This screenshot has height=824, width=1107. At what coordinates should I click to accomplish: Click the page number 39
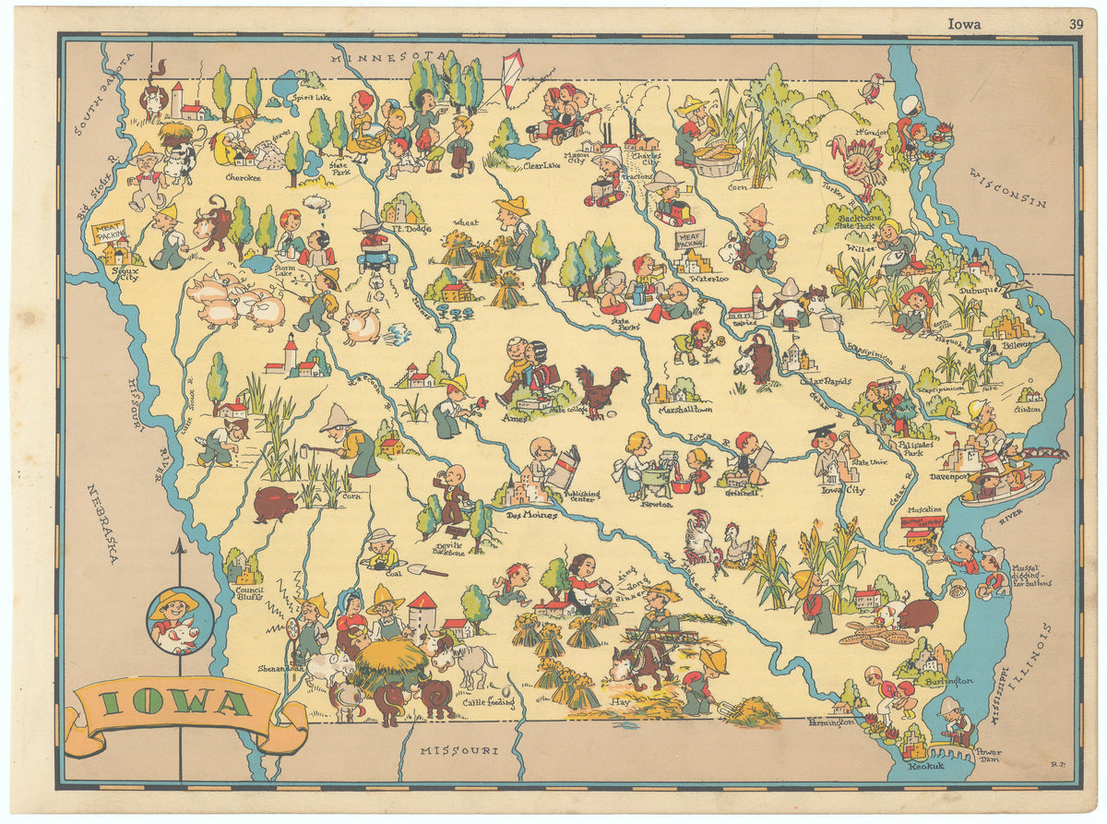tap(1076, 25)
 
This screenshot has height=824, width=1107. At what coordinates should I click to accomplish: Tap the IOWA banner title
tap(174, 704)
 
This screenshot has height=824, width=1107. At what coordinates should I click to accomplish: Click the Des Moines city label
tap(531, 515)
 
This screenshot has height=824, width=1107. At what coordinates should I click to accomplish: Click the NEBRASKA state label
tap(103, 522)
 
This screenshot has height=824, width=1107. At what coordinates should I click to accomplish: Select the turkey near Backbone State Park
tap(858, 162)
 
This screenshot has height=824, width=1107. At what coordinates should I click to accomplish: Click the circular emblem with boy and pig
tap(180, 620)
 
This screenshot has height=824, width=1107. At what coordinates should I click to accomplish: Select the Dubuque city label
tap(980, 289)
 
